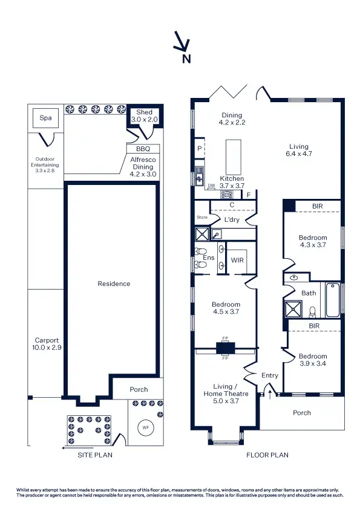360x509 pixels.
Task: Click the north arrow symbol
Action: [182, 44]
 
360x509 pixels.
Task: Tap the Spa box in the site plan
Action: [45, 118]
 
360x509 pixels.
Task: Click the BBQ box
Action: [143, 148]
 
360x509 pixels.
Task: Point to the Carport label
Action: [47, 344]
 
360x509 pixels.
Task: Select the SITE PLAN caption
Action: [94, 455]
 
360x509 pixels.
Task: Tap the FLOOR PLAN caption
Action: [267, 455]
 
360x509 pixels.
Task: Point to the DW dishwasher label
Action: [211, 186]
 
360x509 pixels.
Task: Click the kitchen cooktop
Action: [227, 194]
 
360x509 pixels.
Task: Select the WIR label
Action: [237, 261]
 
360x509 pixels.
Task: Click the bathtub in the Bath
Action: [332, 300]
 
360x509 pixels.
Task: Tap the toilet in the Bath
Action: [313, 312]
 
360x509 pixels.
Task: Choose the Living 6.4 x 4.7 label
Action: [298, 150]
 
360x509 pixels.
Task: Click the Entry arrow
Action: [270, 394]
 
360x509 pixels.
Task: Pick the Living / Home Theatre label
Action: [227, 390]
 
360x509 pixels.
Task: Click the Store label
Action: [201, 218]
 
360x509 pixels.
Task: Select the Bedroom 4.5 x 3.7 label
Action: [226, 308]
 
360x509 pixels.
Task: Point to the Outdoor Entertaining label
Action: [46, 164]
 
